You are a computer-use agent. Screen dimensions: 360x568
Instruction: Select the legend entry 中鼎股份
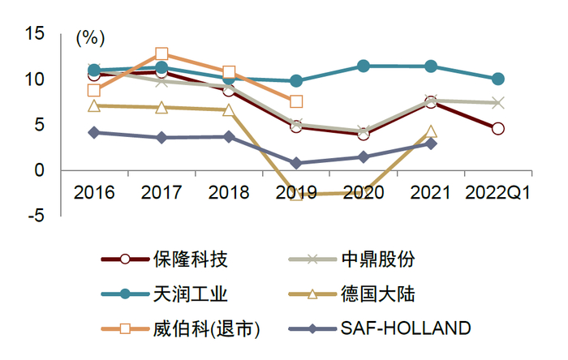(386, 259)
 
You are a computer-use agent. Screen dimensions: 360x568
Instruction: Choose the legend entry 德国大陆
(386, 294)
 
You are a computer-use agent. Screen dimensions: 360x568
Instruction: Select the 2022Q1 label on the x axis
(497, 192)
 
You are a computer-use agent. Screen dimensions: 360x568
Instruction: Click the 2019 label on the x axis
(296, 192)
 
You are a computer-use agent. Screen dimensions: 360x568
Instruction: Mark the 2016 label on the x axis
(94, 192)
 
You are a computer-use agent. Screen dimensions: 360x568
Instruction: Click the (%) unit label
(90, 37)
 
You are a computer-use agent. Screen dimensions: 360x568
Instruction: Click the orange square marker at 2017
(161, 54)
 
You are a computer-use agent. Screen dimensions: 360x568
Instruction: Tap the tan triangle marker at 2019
(296, 195)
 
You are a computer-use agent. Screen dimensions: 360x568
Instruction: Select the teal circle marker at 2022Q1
(497, 79)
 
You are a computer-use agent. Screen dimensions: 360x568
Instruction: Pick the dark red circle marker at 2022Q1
(497, 129)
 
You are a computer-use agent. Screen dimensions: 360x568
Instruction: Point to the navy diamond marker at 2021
(431, 144)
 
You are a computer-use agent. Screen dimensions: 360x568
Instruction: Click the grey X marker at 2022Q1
(497, 103)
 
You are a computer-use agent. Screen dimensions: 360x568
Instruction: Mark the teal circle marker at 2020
(364, 66)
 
